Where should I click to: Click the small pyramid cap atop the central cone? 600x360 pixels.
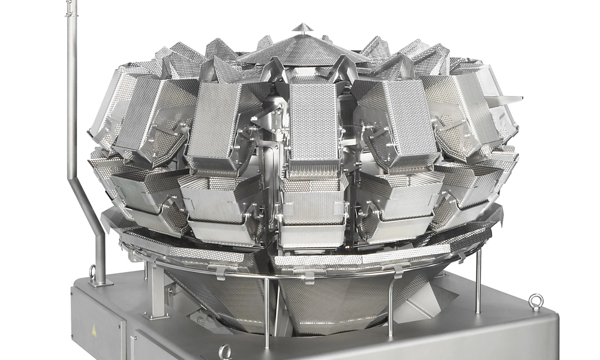pos(302,28)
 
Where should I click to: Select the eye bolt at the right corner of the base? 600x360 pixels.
pos(536,301)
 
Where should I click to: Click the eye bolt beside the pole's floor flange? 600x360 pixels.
pos(92,272)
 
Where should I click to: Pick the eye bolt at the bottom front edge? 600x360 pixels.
pos(226,352)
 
